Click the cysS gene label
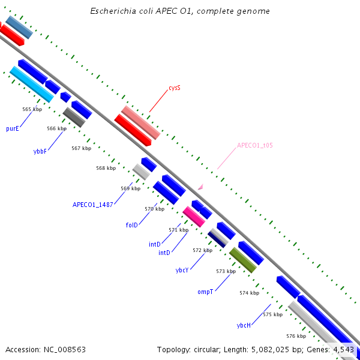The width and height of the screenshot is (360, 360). coord(175,88)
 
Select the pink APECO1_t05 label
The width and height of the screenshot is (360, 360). coord(255,145)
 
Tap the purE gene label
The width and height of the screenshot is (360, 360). coord(13,128)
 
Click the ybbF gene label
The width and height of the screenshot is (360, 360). coord(40,152)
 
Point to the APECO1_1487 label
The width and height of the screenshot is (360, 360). coord(93,205)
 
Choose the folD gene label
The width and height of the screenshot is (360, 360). coord(132,225)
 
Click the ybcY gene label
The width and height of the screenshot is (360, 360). coord(182,270)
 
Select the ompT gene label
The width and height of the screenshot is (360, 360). coord(205,292)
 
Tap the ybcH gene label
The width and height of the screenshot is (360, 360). coord(244,325)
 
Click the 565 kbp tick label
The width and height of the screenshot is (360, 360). coord(32,109)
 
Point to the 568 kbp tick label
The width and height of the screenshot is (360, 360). coord(106,168)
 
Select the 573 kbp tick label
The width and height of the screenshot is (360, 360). coord(226,271)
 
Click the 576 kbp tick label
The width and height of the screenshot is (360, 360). coord(296,336)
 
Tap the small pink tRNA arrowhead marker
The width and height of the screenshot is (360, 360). coord(200,187)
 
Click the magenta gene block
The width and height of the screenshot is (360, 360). coord(194,217)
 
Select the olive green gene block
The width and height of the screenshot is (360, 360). coord(243,260)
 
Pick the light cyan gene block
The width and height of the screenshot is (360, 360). coord(32,84)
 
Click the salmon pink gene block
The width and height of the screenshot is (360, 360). coord(141,122)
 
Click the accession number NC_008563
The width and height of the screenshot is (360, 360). coord(65,350)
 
